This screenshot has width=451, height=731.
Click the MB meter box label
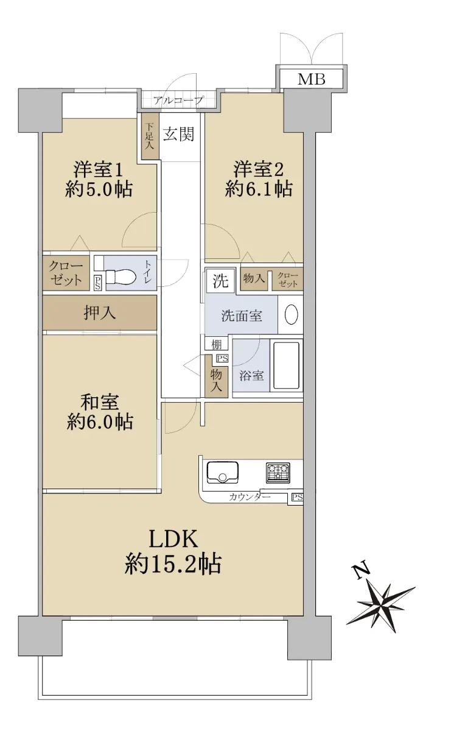[311, 79]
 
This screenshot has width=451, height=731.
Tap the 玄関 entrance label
[179, 134]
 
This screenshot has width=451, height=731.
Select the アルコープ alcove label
[178, 100]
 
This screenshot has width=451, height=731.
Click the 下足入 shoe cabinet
[150, 136]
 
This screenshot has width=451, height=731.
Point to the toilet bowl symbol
[121, 277]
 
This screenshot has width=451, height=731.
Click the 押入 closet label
[99, 313]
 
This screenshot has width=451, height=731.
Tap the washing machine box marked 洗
[220, 281]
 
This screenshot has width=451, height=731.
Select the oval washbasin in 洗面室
[291, 314]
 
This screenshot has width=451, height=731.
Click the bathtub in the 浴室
[286, 365]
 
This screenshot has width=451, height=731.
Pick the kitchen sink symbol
[222, 473]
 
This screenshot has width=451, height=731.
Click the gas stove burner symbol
[278, 473]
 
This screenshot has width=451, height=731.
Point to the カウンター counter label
[250, 497]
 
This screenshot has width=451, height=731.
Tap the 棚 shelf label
[216, 344]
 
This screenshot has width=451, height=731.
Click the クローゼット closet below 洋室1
[66, 273]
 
